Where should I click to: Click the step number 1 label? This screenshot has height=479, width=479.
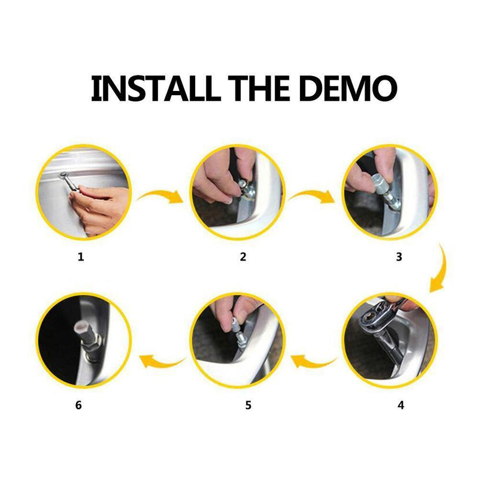click(81, 257)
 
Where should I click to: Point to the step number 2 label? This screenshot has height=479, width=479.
click(243, 257)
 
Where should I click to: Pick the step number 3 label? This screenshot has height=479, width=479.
click(399, 257)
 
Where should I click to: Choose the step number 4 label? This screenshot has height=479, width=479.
click(401, 405)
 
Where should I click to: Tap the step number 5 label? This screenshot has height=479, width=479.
click(248, 405)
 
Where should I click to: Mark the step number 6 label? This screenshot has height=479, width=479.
click(78, 405)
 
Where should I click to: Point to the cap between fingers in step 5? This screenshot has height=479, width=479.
click(236, 326)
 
